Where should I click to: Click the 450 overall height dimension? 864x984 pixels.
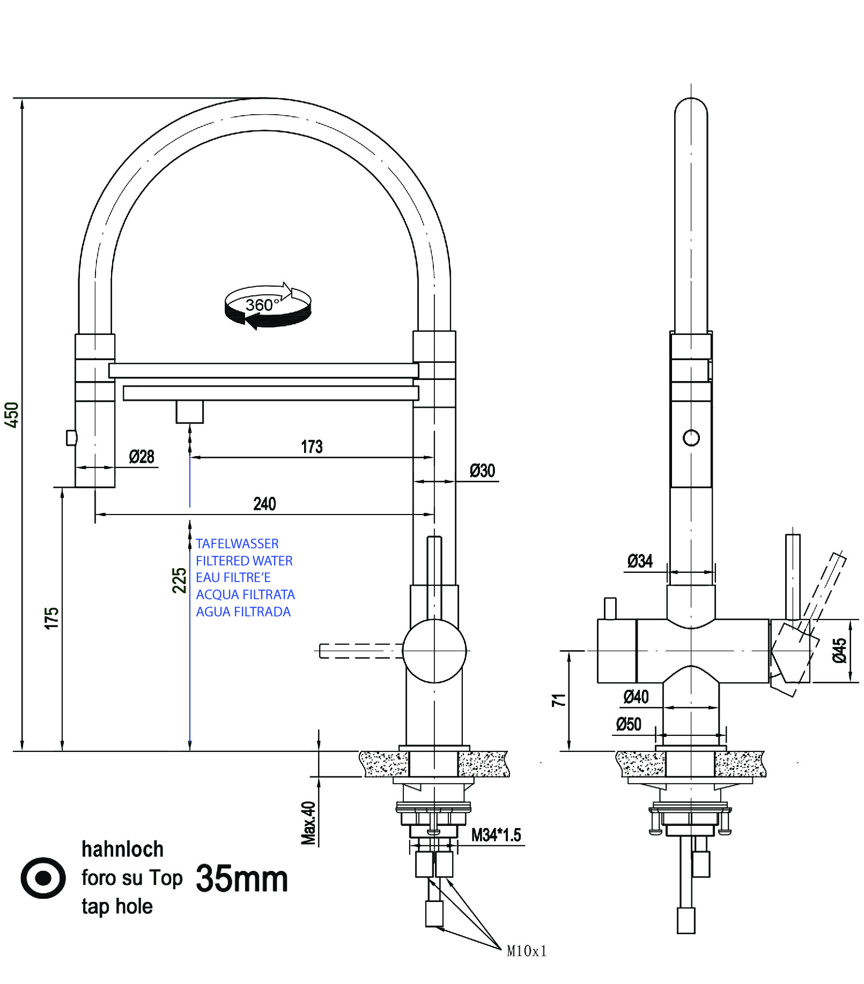pos(11,415)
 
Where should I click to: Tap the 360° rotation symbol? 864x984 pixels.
pos(268,306)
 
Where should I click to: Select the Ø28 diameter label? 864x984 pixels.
pos(142,457)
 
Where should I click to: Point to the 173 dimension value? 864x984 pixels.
pos(312,447)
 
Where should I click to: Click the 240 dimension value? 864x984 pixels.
pos(264,504)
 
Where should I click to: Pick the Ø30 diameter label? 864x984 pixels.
pos(482,471)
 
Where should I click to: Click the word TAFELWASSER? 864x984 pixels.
pos(237,544)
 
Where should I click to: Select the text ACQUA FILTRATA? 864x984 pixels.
pos(245,595)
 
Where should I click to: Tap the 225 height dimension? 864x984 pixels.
pos(179,580)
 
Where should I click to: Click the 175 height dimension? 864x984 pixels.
pos(51,618)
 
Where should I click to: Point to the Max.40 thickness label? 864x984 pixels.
pos(308,823)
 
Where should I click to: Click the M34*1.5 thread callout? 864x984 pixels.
pos(496,835)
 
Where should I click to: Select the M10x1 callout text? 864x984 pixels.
pos(527,951)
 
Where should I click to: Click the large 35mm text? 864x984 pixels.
pos(242,879)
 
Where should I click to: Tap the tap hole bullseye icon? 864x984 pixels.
pos(43,878)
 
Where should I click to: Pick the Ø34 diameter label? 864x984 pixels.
pos(640,562)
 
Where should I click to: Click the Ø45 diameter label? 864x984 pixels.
pos(839,651)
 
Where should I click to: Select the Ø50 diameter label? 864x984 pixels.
pos(629,725)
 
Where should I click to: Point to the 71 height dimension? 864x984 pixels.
pos(558,700)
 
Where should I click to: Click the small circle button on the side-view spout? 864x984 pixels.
pos(691,438)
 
